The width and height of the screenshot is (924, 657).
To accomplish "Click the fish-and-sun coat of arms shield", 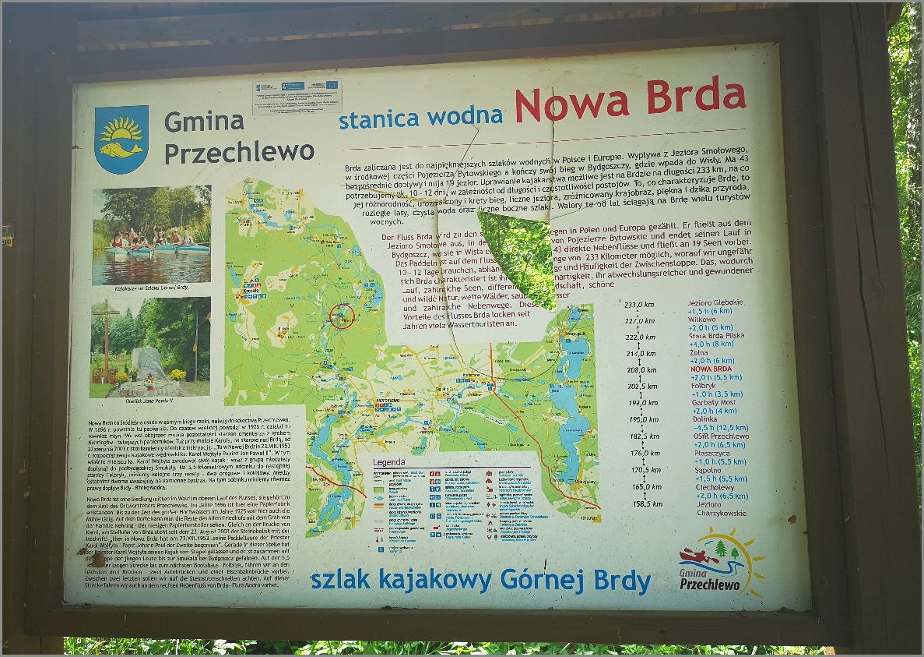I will pos(121,139).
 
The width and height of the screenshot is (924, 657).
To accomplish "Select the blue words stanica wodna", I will pos(420,117).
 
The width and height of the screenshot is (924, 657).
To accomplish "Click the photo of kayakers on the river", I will pos(151,235).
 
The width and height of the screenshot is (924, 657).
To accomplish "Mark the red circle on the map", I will pos(342,316).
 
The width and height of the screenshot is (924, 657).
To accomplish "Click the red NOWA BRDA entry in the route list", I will pos(712,369).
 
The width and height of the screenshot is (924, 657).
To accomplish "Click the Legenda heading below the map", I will pos(389,461).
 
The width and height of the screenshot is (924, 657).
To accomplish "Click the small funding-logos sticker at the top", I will pos(297,96).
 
